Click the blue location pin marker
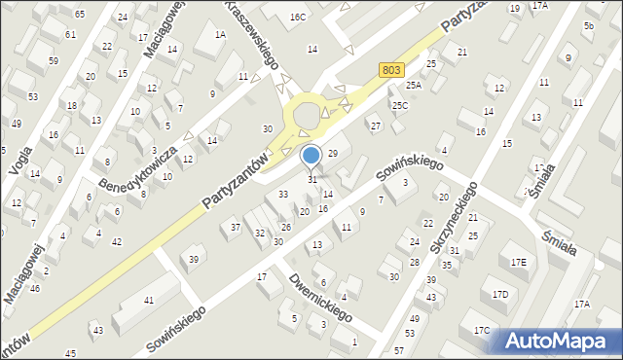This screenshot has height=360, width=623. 311,156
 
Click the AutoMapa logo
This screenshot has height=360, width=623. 558,340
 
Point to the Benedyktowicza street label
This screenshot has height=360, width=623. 135,167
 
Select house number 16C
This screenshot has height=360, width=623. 298,18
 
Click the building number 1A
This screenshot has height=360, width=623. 220,35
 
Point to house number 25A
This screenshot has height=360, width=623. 414,86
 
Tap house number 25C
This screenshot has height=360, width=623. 399,104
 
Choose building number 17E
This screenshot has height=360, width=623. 518,263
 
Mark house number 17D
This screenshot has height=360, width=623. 499,294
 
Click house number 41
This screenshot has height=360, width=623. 149,301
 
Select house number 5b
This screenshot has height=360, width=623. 589,25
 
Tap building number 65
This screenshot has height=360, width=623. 79,14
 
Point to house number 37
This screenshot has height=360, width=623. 235,227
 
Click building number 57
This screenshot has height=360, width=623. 398,348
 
